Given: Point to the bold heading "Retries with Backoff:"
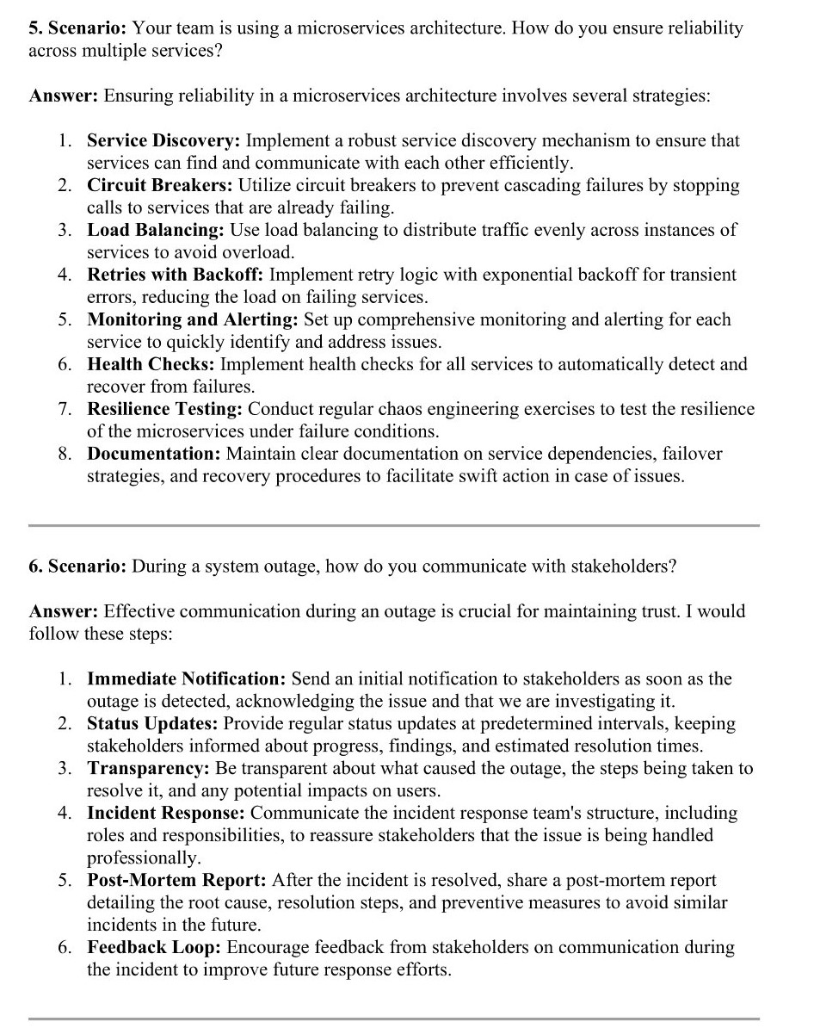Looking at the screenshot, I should pyautogui.click(x=176, y=275).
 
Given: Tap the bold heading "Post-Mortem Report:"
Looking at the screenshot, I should pyautogui.click(x=176, y=880).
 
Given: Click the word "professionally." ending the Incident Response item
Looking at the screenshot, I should pyautogui.click(x=143, y=858).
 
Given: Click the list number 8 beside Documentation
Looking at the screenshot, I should pyautogui.click(x=65, y=454).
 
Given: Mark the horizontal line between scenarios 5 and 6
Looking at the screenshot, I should pyautogui.click(x=393, y=524).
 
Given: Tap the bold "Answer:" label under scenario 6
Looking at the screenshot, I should pyautogui.click(x=63, y=611).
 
